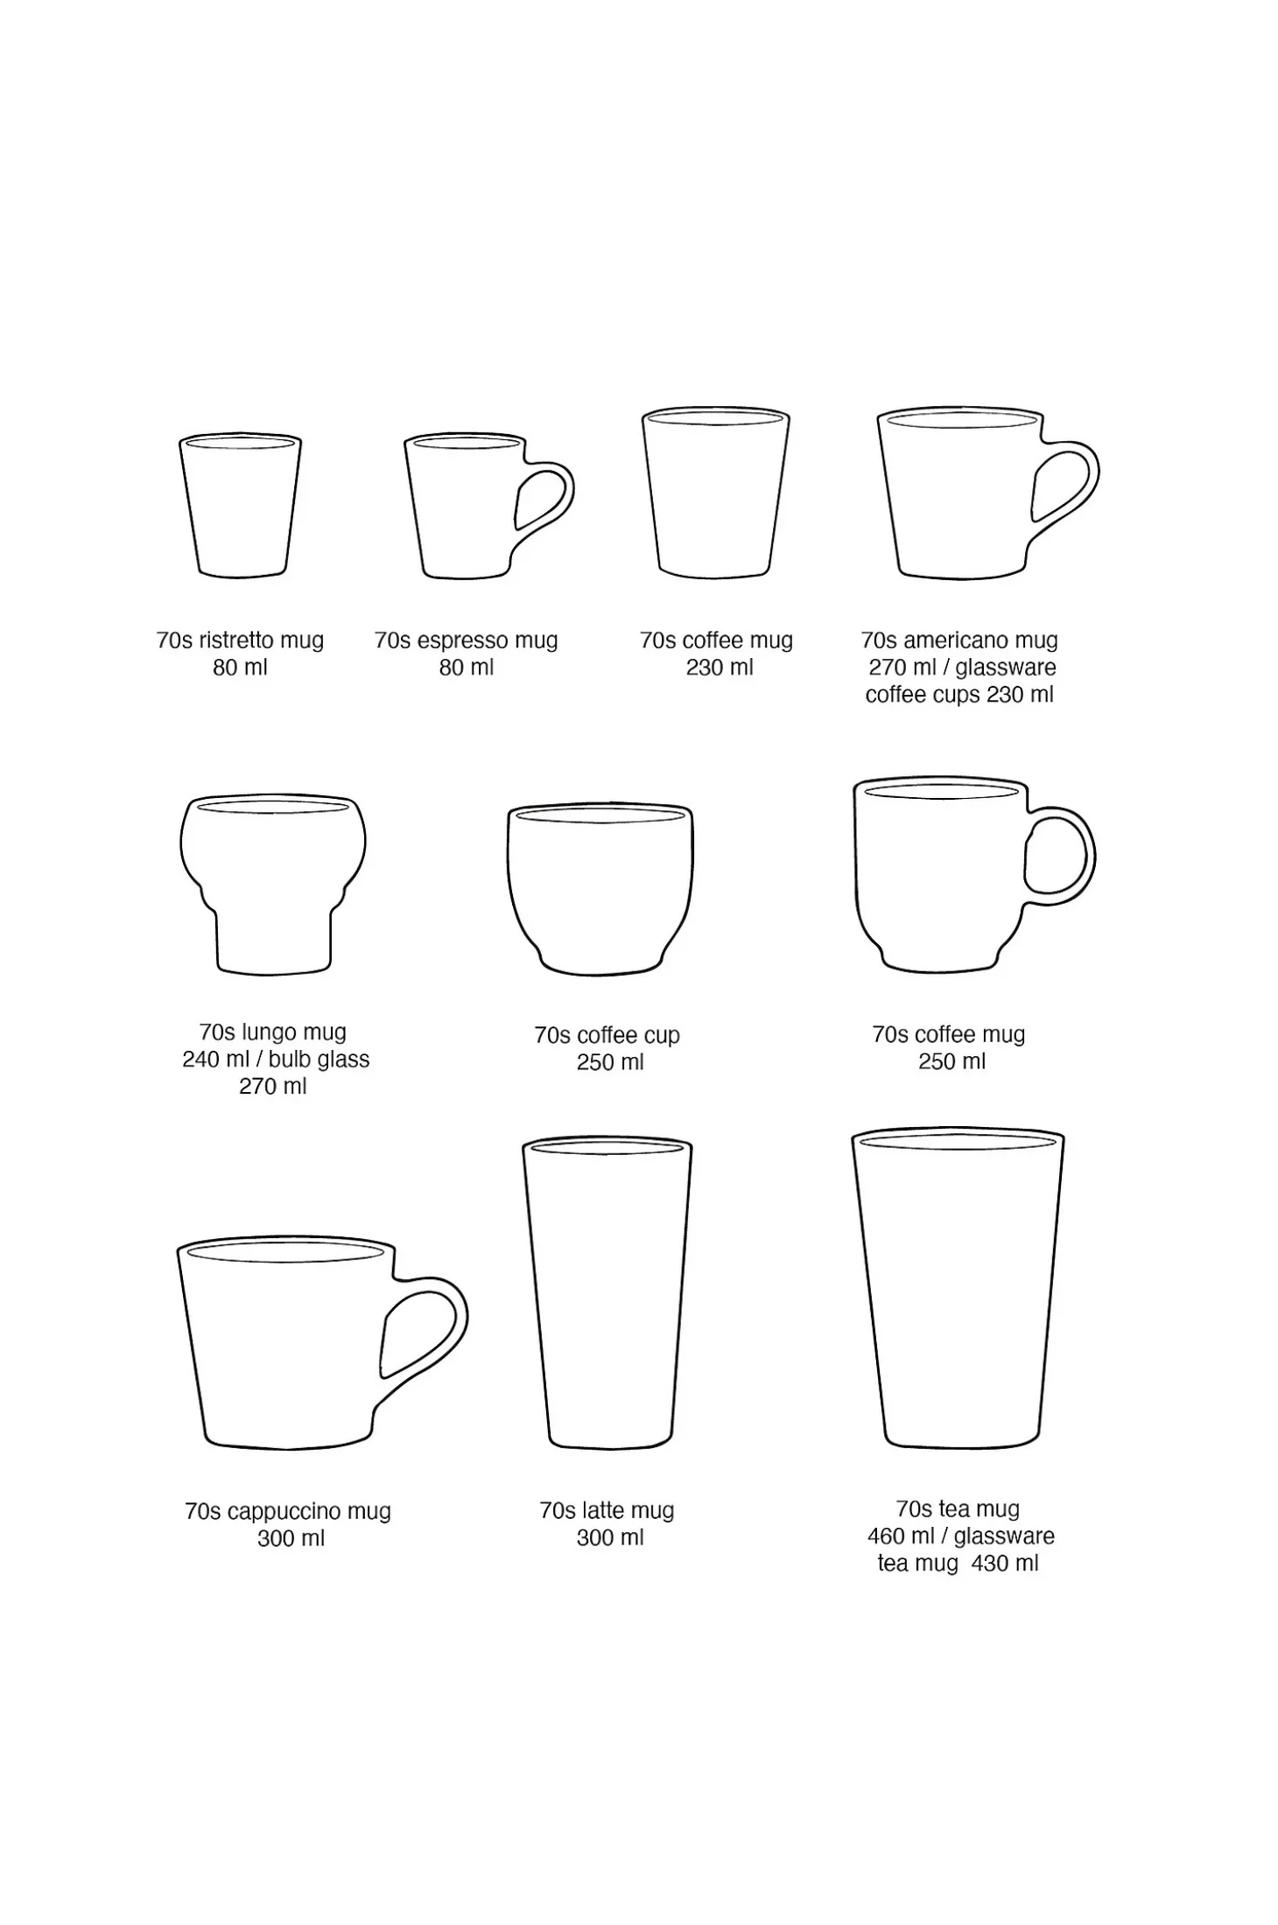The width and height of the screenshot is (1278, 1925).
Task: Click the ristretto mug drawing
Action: [240, 505]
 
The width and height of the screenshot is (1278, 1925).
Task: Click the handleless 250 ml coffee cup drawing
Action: [600, 889]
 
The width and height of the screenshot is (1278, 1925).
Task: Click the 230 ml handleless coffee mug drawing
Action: [716, 492]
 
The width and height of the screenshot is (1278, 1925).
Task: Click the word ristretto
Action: [235, 640]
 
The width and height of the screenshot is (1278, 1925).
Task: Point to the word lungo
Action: [267, 1033]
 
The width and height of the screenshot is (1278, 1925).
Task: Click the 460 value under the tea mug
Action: [886, 1536]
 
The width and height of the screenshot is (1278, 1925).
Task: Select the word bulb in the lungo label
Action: [288, 1060]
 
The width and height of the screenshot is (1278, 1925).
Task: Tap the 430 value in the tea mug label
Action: [990, 1563]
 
